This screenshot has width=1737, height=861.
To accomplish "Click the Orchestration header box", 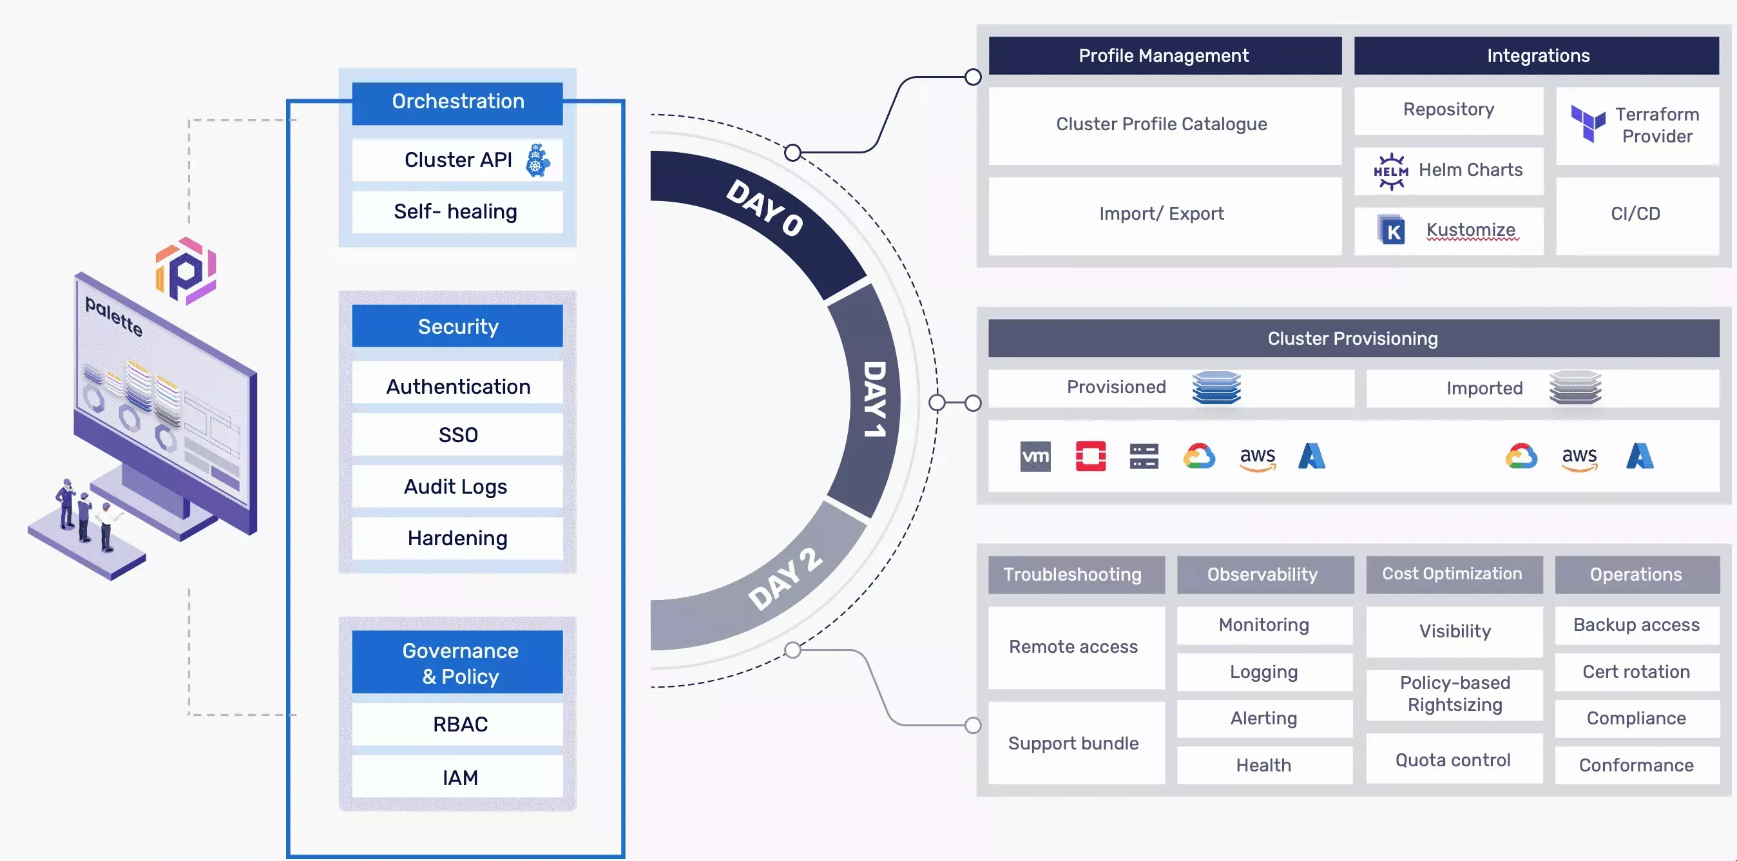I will coord(457,102).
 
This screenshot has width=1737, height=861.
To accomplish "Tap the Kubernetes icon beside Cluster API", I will coord(537,160).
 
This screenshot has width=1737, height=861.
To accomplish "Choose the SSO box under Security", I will coord(457,435).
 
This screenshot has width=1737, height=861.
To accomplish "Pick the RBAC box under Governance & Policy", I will coord(459,724).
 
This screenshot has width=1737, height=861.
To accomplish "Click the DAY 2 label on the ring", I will coord(785,579).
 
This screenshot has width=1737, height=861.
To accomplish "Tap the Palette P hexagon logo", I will coord(186,271).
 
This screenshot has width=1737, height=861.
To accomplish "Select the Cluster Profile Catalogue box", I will coord(1162,125).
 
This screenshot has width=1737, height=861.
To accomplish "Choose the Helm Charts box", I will coord(1448,171).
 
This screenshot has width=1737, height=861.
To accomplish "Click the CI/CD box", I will coord(1636,215).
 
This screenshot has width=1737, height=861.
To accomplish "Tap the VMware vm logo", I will coord(1035,456).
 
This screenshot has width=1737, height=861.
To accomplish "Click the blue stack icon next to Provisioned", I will coord(1216,388).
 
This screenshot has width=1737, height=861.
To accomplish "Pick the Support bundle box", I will coord(1073,743).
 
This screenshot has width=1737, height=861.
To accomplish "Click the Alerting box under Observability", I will coord(1263,719).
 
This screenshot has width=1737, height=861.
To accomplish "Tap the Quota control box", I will coord(1453,760).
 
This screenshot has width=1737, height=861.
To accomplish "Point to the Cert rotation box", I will coord(1636,672).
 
